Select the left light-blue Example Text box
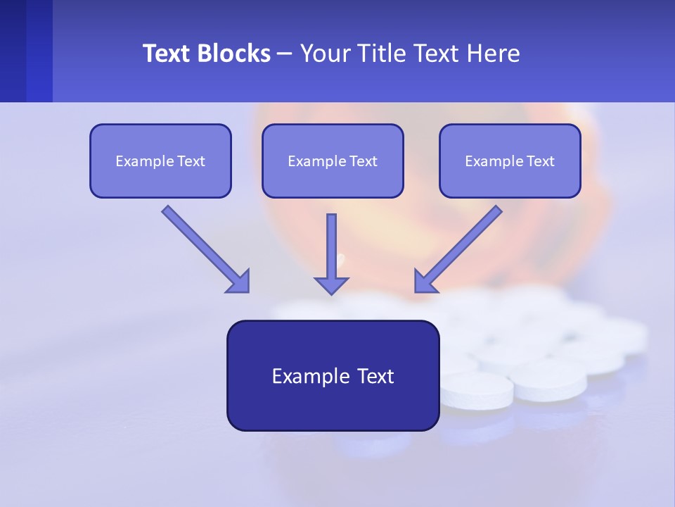pyautogui.click(x=160, y=161)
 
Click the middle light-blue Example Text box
pyautogui.click(x=333, y=161)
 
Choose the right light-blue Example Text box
pyautogui.click(x=510, y=161)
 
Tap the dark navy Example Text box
pyautogui.click(x=333, y=375)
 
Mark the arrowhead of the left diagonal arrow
pyautogui.click(x=239, y=282)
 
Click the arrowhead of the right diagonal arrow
pyautogui.click(x=425, y=282)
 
